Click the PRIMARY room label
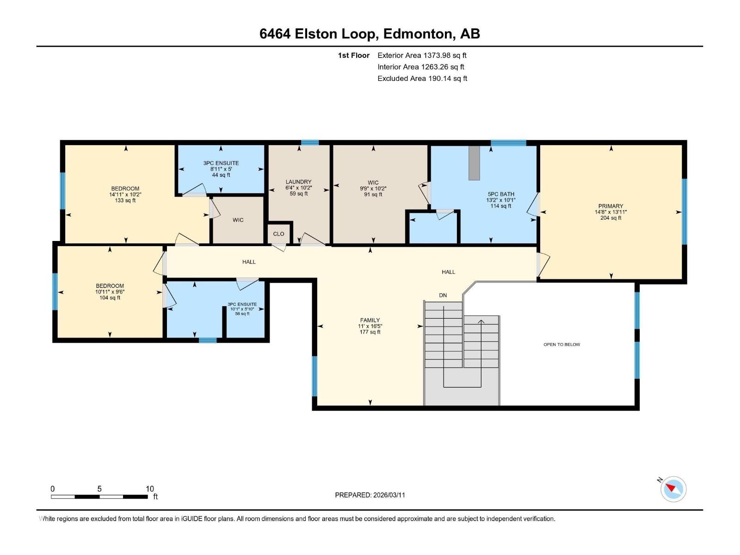click(610, 206)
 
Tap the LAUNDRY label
click(298, 182)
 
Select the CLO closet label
click(278, 234)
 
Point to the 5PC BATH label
click(501, 194)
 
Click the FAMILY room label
click(370, 320)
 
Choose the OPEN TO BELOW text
click(561, 345)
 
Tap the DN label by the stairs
click(443, 295)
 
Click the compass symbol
click(673, 489)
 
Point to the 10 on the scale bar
click(150, 488)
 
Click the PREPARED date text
click(370, 495)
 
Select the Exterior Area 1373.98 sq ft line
click(422, 55)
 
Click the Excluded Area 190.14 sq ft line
click(422, 79)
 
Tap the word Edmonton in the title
click(417, 34)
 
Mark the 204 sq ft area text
click(610, 218)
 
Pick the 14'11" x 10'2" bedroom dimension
click(125, 194)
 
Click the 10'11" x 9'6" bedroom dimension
click(110, 292)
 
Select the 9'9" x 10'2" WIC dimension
click(373, 189)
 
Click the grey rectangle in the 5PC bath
click(474, 163)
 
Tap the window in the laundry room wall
click(310, 142)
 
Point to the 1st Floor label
click(354, 55)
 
